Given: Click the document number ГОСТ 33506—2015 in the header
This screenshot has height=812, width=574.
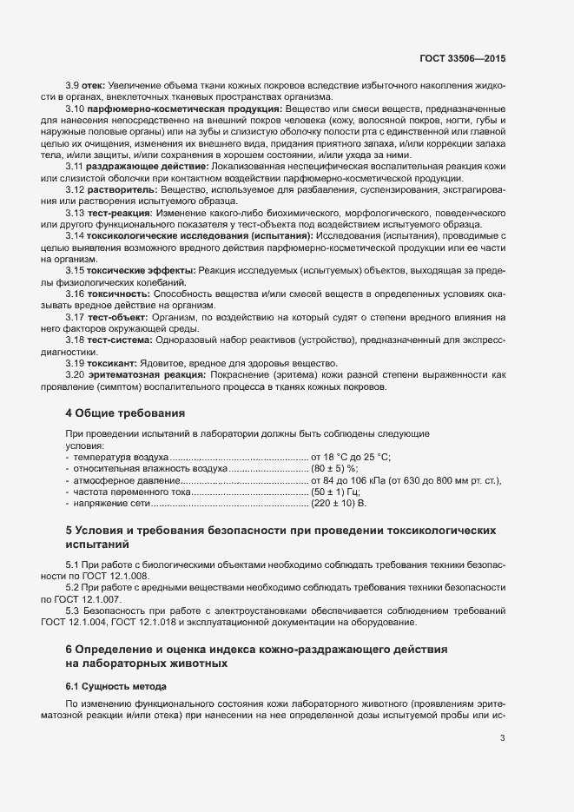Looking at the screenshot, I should click(x=460, y=58).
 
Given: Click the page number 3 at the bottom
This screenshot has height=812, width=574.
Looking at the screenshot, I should click(x=502, y=739).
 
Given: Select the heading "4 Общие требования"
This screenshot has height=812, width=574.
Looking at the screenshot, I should click(x=125, y=413).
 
